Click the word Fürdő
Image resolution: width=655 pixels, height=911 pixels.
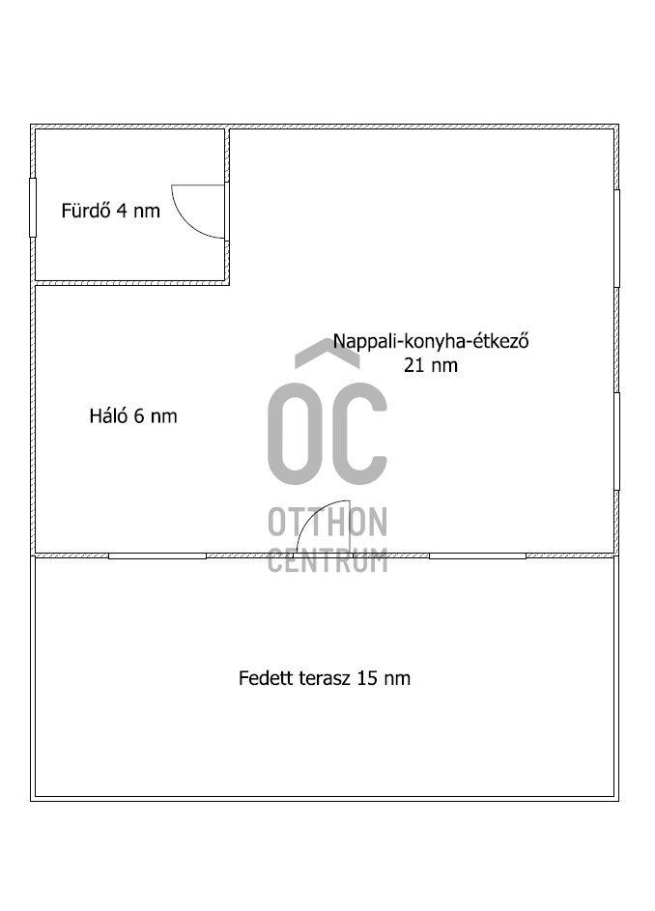86,211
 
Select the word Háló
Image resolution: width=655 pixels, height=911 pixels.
107,416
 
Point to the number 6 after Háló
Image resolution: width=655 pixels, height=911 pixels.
139,416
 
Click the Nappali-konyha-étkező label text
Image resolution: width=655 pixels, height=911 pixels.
431,341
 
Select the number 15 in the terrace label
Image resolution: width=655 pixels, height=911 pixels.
367,678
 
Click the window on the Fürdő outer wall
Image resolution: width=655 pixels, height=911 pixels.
33,207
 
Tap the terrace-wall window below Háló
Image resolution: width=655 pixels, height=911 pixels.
157,556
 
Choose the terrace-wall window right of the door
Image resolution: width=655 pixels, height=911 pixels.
477,556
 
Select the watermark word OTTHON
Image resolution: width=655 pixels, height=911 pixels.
327,523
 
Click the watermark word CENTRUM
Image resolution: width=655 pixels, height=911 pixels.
327,559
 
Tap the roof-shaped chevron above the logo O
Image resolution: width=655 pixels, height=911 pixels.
327,354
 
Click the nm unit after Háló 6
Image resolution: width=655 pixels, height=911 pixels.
164,416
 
